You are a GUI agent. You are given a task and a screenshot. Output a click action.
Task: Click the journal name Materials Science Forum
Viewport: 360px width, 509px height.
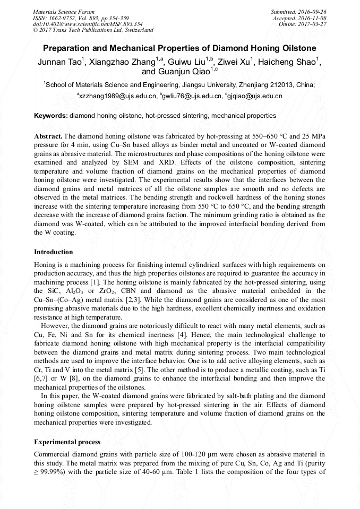64,12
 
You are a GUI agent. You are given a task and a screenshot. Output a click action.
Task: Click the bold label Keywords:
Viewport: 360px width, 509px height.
51,115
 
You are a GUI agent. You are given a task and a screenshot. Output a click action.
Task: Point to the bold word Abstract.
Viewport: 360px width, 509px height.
48,136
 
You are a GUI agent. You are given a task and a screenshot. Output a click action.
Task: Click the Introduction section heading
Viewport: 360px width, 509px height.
54,252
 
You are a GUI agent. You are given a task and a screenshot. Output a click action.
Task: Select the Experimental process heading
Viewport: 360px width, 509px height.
67,442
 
